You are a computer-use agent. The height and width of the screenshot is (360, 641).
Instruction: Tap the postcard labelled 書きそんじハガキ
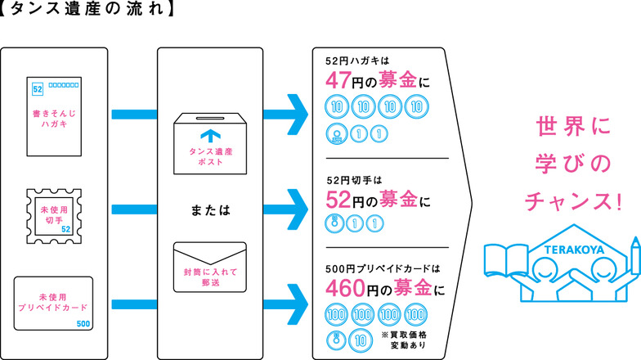point(55,118)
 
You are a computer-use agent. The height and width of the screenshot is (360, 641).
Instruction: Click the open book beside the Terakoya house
point(505,259)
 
